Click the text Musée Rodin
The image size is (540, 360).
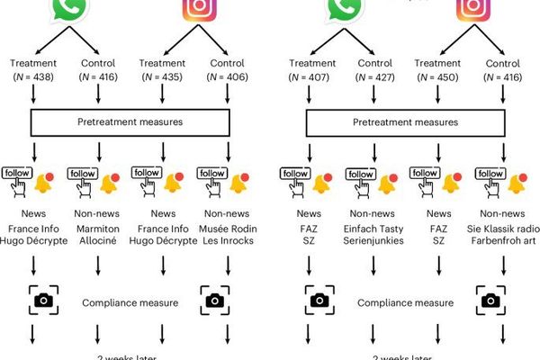[x=229, y=229]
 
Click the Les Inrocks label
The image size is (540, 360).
[x=229, y=243]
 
